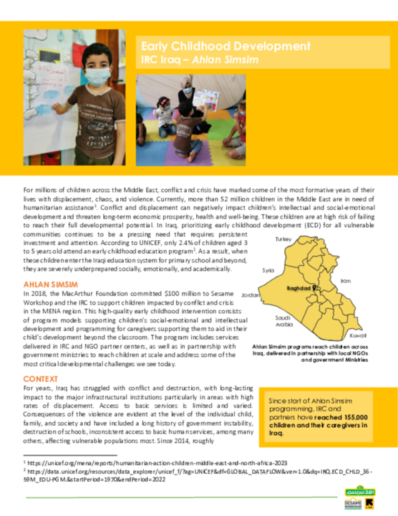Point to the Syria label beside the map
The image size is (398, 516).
pyautogui.click(x=268, y=270)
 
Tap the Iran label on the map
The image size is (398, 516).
pyautogui.click(x=346, y=281)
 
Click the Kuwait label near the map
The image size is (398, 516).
pyautogui.click(x=358, y=335)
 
